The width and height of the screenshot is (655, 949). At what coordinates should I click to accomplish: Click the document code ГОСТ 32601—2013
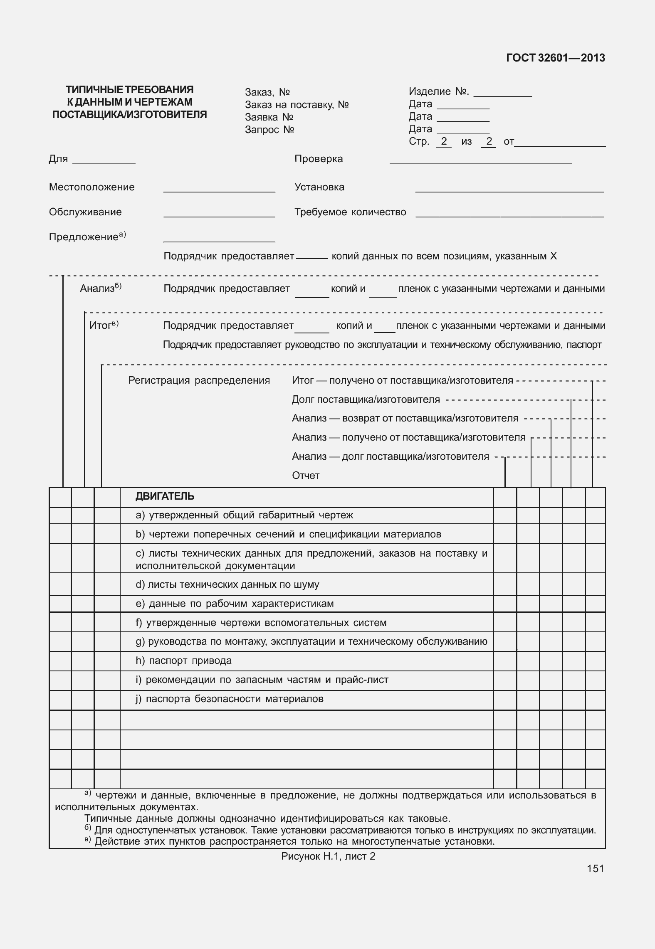point(555,58)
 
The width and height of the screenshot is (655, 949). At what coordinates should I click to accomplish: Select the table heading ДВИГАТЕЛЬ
point(165,496)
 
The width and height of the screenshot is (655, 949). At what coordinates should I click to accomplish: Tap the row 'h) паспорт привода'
point(183,661)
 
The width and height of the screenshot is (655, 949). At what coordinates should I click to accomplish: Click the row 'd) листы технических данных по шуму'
point(227,584)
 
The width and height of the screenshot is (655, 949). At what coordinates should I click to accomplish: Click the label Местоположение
point(92,187)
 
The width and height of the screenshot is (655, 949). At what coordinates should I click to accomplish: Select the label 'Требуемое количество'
point(350,212)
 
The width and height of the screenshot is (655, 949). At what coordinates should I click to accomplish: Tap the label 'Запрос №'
point(269,130)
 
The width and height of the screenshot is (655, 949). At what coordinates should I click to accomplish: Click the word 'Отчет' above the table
point(306,476)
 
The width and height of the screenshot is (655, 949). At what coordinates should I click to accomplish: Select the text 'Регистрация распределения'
point(199,380)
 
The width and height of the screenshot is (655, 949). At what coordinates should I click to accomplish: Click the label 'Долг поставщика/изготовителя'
point(366,399)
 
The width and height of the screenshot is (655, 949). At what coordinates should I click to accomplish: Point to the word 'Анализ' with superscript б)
point(97,288)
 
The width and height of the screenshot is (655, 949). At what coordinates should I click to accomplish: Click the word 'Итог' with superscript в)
point(100,325)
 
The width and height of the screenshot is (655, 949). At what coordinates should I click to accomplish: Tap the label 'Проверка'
point(319,159)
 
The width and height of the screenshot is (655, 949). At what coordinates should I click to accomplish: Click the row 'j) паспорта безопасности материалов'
point(230,699)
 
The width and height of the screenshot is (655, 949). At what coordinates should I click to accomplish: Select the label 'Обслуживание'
point(85,212)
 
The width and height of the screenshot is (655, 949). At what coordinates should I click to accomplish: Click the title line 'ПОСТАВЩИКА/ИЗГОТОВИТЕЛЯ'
point(129,115)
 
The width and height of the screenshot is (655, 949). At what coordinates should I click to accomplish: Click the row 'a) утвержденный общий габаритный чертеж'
point(244,515)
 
